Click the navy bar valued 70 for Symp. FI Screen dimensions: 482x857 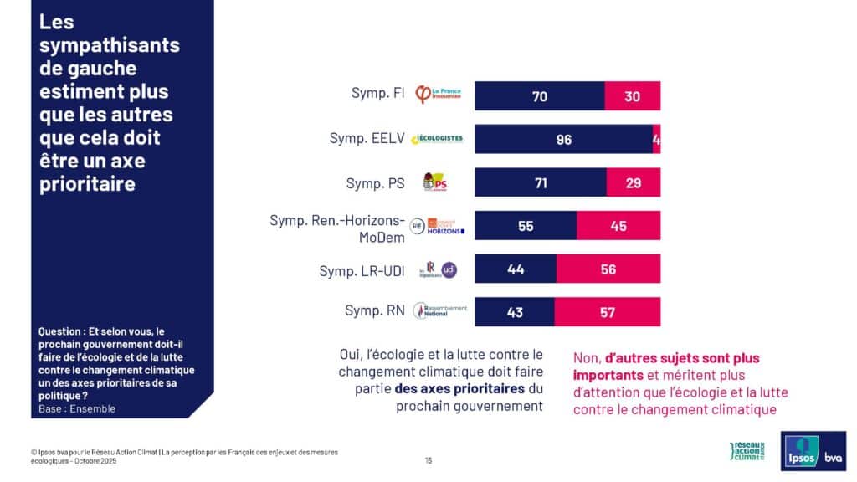[540, 96]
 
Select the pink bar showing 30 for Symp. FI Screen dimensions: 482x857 [633, 96]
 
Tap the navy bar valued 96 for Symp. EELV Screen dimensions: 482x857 [563, 140]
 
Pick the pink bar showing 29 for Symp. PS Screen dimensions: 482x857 [634, 183]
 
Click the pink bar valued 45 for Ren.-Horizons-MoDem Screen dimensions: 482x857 [618, 226]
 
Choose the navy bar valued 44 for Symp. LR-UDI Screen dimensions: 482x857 [516, 269]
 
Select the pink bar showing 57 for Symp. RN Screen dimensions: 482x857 [608, 312]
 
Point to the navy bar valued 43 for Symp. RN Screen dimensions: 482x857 [515, 312]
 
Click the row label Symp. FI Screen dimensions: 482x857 [378, 93]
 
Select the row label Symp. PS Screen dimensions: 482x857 [376, 182]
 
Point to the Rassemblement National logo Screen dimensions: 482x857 [441, 311]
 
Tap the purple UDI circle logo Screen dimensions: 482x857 [449, 269]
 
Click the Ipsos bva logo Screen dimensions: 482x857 [813, 451]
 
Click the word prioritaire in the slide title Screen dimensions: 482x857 [87, 183]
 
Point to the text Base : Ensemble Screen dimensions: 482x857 [77, 409]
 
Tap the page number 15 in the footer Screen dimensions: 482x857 [428, 459]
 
